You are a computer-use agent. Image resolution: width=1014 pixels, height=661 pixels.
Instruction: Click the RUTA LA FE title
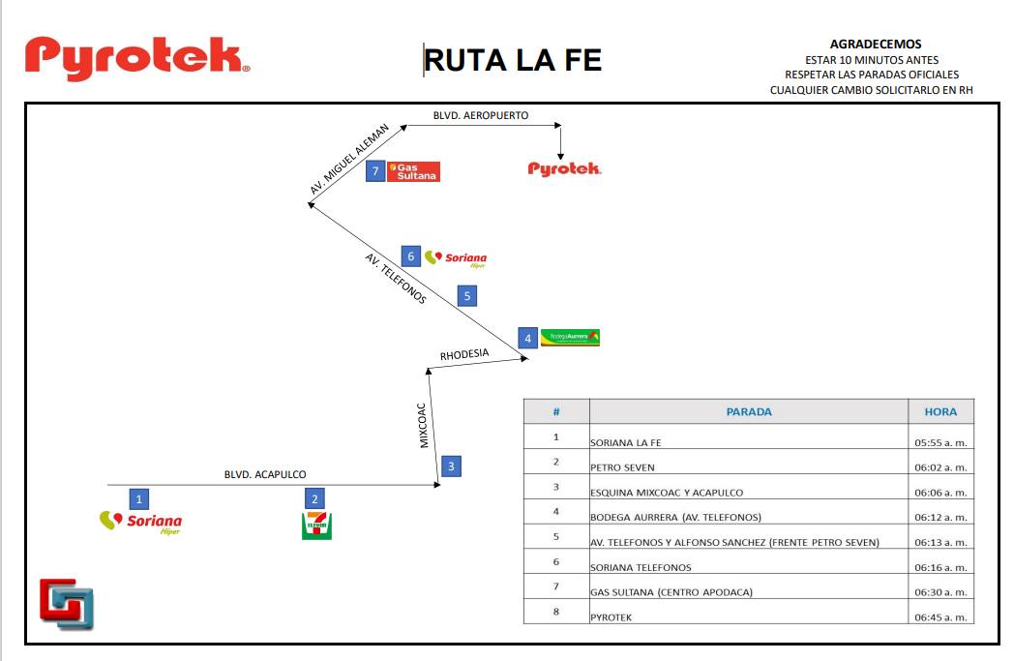point(513,60)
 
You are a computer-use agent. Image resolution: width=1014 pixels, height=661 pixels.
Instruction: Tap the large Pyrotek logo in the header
point(137,58)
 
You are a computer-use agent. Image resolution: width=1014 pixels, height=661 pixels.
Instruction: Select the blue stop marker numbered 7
point(375,171)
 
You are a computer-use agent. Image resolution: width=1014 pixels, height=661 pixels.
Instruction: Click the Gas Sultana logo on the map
point(413,171)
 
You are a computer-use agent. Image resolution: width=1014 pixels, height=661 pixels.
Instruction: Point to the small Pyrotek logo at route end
point(564,168)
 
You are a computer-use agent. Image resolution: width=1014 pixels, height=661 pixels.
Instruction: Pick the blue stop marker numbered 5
point(467,296)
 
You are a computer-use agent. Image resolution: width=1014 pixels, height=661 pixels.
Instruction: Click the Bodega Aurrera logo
point(570,337)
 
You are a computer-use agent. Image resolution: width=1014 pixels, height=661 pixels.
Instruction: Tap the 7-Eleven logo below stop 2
point(317,526)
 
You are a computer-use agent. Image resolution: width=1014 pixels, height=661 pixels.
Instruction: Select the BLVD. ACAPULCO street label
point(265,474)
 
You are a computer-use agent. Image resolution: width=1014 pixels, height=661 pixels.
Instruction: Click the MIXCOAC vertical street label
point(422,426)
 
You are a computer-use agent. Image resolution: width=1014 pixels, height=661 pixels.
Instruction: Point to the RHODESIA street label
point(464,354)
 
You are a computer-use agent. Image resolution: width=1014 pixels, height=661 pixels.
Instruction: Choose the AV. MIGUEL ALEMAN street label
point(349,159)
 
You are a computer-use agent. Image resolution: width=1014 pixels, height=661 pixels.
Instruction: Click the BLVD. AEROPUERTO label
point(481,115)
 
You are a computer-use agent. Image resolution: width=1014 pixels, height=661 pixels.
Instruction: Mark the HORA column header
point(940,411)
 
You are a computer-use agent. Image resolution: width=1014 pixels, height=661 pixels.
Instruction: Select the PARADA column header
point(749,411)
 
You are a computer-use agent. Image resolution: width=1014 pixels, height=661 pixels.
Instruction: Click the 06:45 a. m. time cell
point(940,617)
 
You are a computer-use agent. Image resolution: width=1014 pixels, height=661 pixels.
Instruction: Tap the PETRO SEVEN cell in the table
point(622,467)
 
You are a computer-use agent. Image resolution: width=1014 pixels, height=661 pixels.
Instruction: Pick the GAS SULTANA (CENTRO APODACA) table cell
point(671,591)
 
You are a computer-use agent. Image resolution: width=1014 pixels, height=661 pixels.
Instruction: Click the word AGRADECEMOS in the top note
point(876,44)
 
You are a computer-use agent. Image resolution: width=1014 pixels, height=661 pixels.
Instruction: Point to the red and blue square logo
point(67,604)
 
